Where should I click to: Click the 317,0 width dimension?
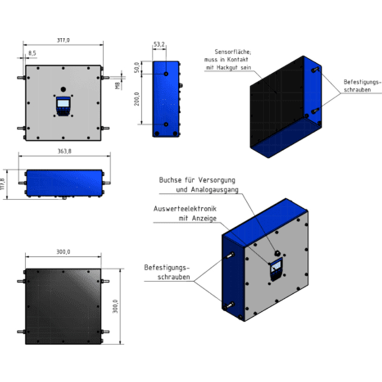63,40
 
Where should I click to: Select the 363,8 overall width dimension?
64,151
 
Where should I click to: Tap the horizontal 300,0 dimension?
63,252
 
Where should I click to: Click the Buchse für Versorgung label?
197,180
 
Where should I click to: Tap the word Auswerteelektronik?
185,209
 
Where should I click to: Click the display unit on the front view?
63,106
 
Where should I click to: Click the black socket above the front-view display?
63,89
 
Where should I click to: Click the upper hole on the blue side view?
166,74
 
